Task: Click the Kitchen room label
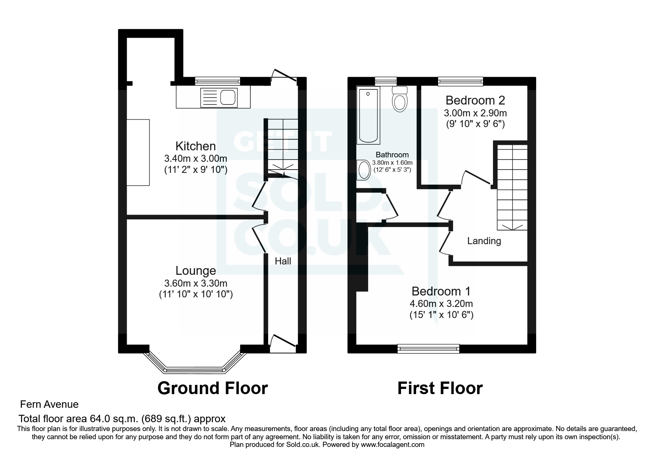(x=195, y=146)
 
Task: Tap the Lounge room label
(x=195, y=271)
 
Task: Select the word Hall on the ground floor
(x=283, y=262)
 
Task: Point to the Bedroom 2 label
(x=475, y=100)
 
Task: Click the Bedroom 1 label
(x=441, y=291)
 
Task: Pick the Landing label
(x=484, y=241)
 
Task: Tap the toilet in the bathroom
(x=400, y=99)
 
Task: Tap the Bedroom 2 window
(x=460, y=80)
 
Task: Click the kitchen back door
(x=283, y=78)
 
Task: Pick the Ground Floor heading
(x=212, y=388)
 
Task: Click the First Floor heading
(x=440, y=388)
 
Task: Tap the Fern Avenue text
(x=49, y=404)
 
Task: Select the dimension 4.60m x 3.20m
(x=441, y=304)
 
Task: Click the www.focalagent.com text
(x=393, y=445)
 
